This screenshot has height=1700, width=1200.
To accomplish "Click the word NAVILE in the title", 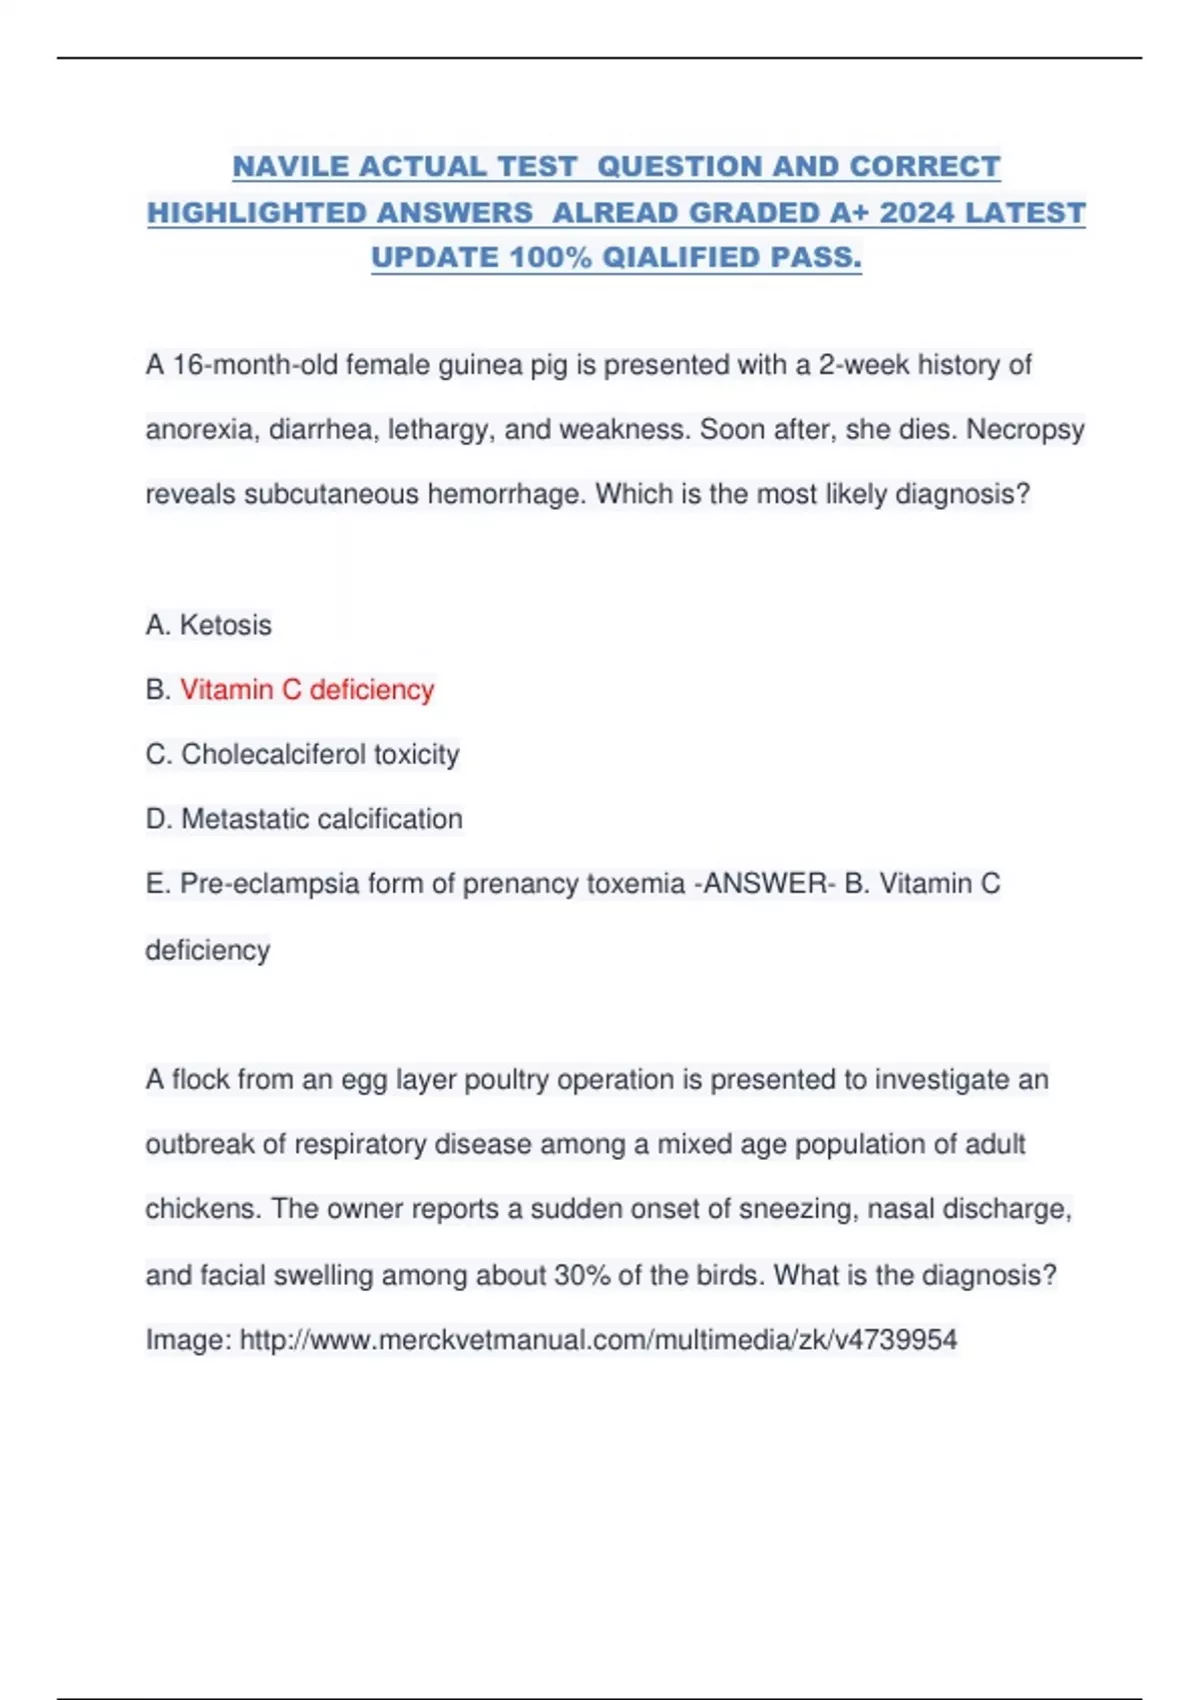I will tap(289, 166).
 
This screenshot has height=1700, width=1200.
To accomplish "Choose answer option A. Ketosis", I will tap(209, 625).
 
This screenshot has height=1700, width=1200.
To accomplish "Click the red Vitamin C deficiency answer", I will tap(307, 690).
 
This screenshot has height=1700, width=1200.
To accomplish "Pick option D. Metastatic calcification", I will tap(304, 819).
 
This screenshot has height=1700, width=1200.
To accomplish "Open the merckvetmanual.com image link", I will tap(598, 1340).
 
